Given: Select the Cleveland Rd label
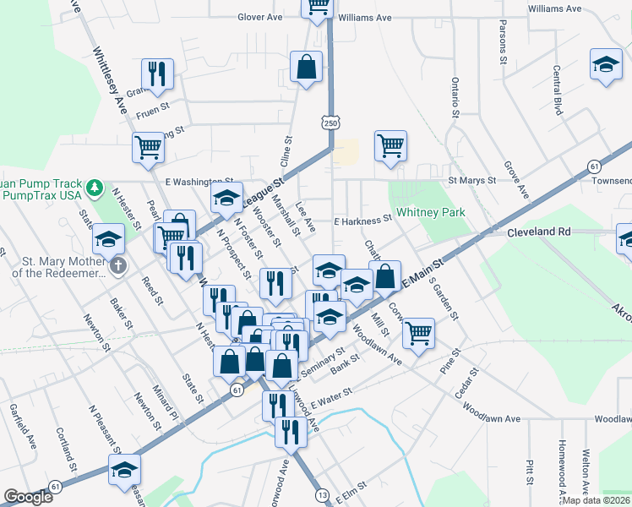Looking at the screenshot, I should pos(539,231).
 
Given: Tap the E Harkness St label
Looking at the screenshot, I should pos(362,219).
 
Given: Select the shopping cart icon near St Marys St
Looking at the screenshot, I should pos(390,145).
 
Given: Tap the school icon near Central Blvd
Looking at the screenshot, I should pos(605,64).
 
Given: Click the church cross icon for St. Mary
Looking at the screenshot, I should pos(118,266).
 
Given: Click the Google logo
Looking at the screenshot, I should pos(28,497).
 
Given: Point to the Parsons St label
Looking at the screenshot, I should pos(503,42).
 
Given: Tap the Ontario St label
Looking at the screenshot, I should pos(455,96).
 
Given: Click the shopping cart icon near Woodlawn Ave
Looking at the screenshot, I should pos(418,333).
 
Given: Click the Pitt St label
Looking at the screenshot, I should pos(528,472).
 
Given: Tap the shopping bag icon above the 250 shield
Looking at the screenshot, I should pos(306,66).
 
